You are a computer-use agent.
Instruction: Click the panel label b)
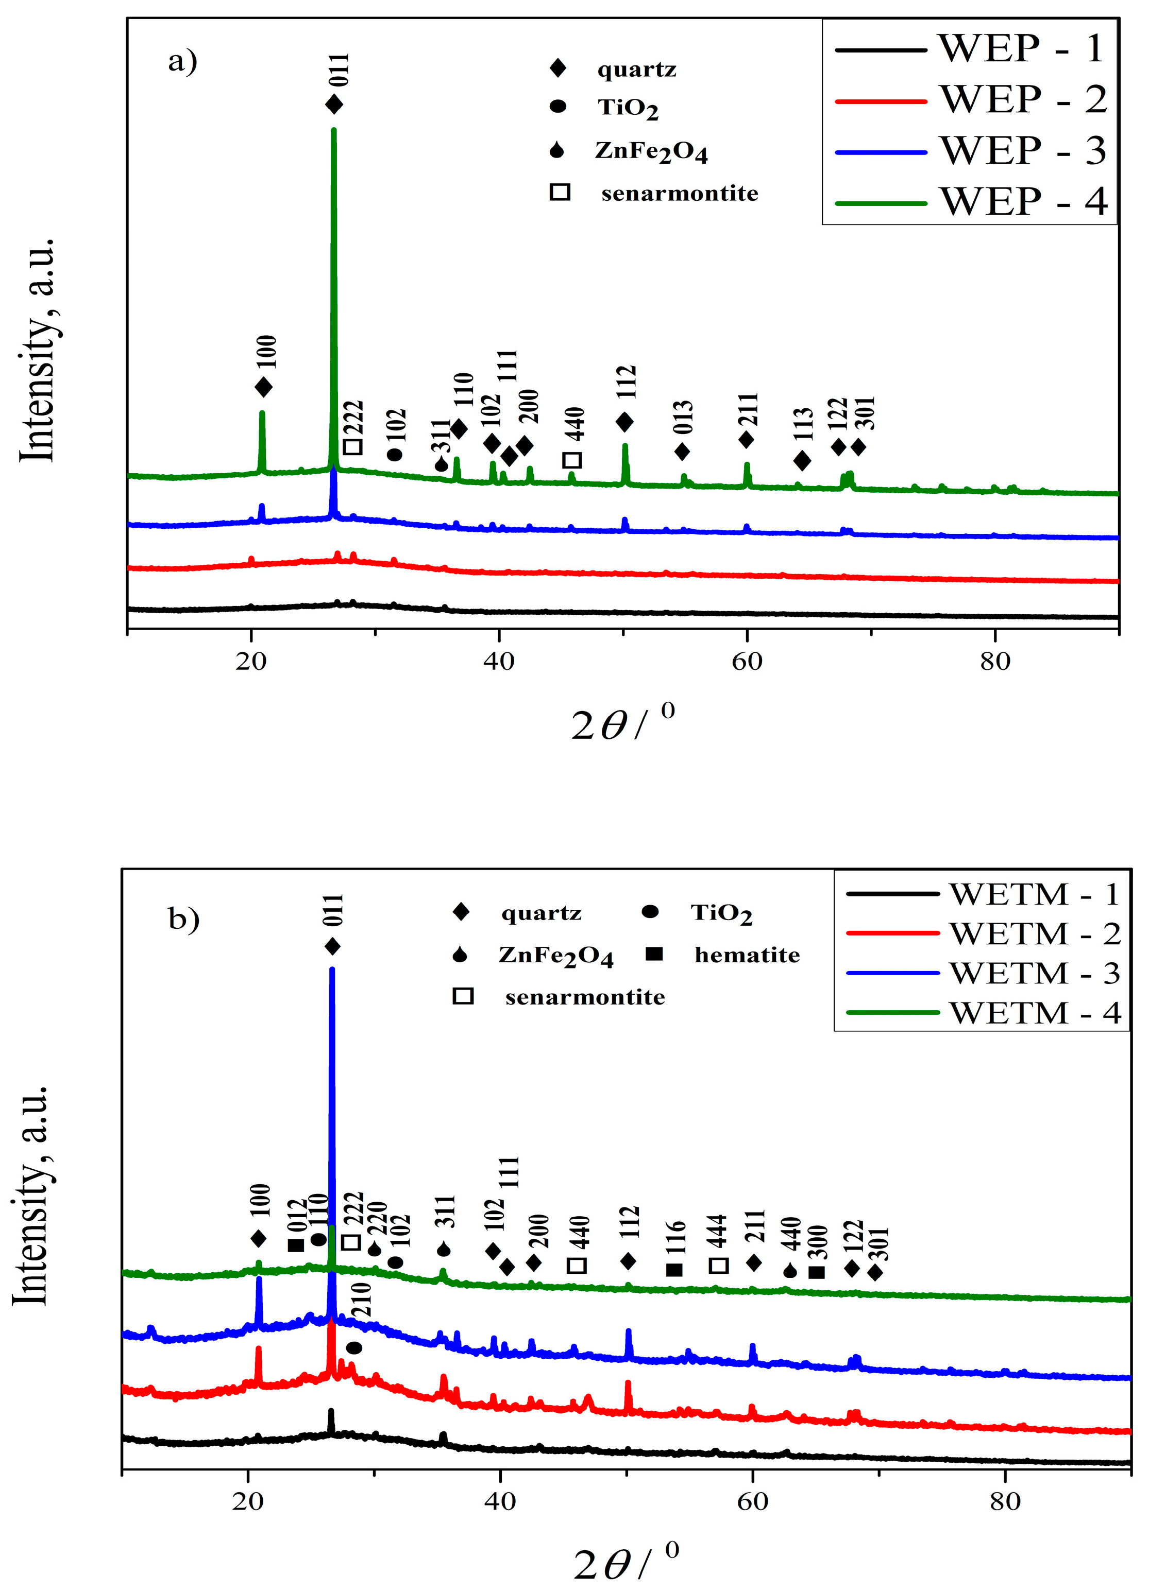184,918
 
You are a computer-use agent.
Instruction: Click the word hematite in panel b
747,955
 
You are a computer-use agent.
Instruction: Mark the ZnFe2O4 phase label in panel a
651,152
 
